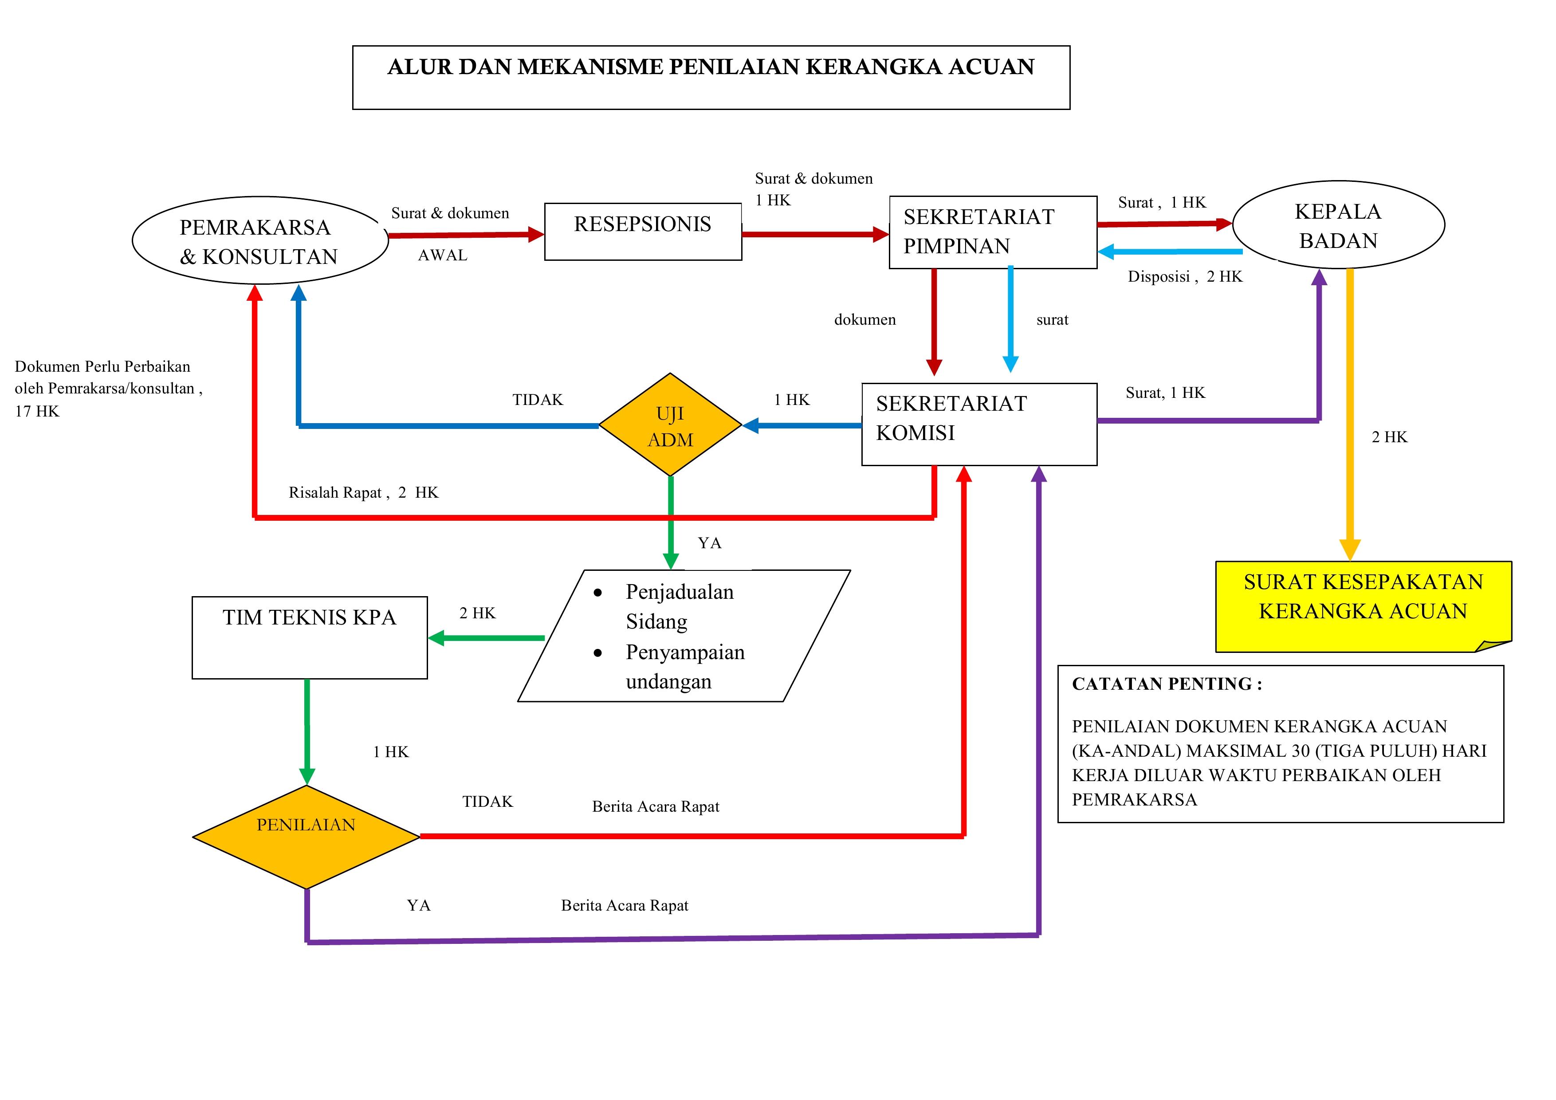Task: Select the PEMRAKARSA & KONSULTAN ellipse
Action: point(259,240)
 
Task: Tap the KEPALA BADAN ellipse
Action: point(1338,225)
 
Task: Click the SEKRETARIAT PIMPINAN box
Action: point(992,232)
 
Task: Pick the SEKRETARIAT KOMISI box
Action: point(978,424)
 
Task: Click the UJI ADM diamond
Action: point(670,425)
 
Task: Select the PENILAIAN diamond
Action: point(306,837)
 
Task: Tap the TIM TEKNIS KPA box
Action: point(310,637)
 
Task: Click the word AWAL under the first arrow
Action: point(443,255)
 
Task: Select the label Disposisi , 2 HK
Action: point(1185,276)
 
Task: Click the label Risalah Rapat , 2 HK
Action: point(363,493)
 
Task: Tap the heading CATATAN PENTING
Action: point(1166,684)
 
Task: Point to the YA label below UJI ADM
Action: point(709,543)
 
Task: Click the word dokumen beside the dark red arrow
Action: point(865,320)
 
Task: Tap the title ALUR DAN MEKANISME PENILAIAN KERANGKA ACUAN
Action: point(711,67)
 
